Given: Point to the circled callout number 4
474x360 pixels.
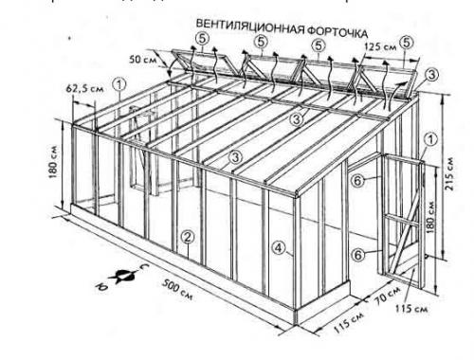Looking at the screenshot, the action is [278, 250].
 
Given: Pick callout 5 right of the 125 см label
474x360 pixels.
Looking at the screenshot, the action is [407, 43].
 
